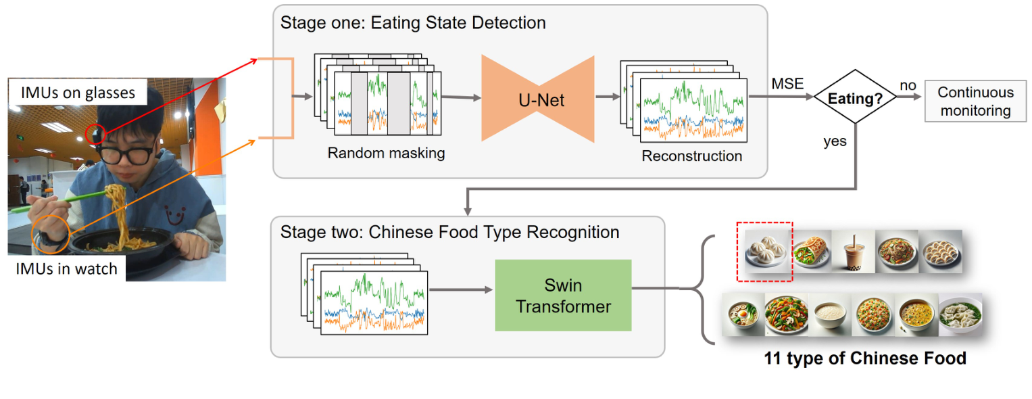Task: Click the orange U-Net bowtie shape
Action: coord(537,99)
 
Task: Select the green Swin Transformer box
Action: coord(563,296)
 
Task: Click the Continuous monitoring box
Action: coord(975,102)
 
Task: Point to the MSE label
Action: coord(788,84)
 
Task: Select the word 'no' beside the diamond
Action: coord(908,85)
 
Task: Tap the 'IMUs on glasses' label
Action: coord(78,93)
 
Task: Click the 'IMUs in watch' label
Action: coord(66,268)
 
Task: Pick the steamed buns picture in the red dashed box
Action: coord(764,252)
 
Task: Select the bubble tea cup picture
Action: coord(853,251)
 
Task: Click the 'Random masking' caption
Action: coord(386,153)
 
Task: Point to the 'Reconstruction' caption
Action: coord(691,156)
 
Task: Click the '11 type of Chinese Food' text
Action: coord(864,358)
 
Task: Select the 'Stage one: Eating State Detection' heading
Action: coord(413,22)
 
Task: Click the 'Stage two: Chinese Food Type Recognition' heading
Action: coord(449,233)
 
